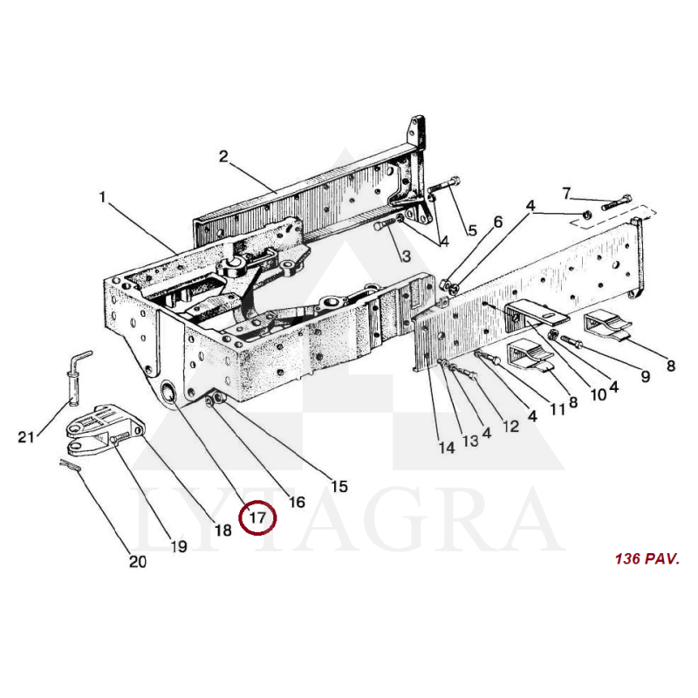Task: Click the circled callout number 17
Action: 257,517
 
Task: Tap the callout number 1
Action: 102,197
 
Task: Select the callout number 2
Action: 223,156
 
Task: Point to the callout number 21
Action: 26,437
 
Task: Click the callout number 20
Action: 138,562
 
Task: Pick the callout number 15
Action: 339,486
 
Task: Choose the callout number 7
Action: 565,194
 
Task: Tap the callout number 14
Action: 447,448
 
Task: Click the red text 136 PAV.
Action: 647,558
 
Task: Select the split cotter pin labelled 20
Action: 70,465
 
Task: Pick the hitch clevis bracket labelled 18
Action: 106,428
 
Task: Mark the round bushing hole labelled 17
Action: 169,393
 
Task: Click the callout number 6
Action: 497,222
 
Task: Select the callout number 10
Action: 599,394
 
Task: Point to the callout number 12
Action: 511,426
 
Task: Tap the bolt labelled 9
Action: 571,341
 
